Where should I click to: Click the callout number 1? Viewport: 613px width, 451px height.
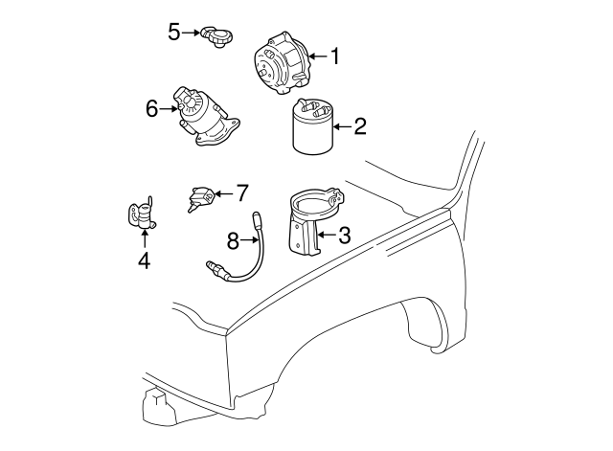[334, 56]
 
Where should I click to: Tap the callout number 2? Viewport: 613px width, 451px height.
[360, 126]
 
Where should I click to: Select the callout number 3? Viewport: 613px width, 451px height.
[344, 235]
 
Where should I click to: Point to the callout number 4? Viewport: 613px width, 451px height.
[145, 260]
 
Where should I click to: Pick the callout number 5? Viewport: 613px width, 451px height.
[174, 32]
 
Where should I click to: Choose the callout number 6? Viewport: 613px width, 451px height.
[151, 108]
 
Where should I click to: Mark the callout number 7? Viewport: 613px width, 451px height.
[242, 193]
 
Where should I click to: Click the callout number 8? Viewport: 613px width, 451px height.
[233, 240]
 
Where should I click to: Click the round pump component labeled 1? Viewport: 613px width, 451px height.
[282, 64]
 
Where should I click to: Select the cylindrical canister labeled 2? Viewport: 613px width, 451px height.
[313, 126]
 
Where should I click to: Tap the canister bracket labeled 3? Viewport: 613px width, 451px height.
[315, 221]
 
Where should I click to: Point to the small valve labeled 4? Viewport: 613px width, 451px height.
[143, 214]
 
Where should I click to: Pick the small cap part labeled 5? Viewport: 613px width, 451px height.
[216, 37]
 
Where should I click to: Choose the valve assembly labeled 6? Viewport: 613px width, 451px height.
[205, 117]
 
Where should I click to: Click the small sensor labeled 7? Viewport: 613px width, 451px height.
[201, 198]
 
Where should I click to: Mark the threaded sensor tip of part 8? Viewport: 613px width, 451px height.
[213, 268]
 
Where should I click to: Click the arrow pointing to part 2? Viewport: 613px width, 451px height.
[343, 126]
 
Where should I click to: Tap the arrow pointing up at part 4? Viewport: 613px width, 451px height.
[145, 239]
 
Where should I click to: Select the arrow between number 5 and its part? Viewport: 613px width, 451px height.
[192, 33]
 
